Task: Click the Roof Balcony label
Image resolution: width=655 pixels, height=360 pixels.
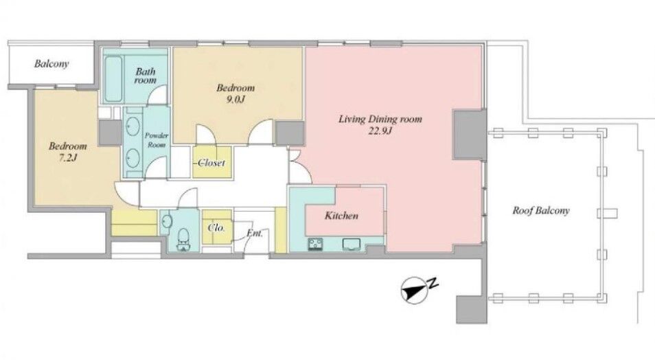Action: pyautogui.click(x=540, y=210)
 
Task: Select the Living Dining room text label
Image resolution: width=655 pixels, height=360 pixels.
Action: pyautogui.click(x=380, y=119)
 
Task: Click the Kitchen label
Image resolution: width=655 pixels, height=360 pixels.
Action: pyautogui.click(x=341, y=216)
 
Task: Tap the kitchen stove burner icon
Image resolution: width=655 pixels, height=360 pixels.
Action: pyautogui.click(x=315, y=244)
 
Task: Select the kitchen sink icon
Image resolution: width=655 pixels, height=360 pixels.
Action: pyautogui.click(x=352, y=244)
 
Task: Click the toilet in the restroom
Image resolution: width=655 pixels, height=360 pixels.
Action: pyautogui.click(x=183, y=240)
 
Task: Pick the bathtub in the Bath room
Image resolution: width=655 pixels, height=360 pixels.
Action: pyautogui.click(x=113, y=79)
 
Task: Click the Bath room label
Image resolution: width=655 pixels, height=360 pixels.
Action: pyautogui.click(x=145, y=76)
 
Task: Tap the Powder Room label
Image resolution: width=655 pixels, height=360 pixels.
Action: pyautogui.click(x=157, y=140)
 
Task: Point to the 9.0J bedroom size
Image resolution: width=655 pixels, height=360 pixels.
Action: pyautogui.click(x=235, y=100)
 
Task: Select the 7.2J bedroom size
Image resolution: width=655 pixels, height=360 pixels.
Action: pyautogui.click(x=68, y=158)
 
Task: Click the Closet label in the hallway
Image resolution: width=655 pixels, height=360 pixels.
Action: pyautogui.click(x=211, y=163)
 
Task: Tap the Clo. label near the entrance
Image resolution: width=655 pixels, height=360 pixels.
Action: pyautogui.click(x=216, y=228)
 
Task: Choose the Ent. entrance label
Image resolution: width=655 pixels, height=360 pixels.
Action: pyautogui.click(x=255, y=233)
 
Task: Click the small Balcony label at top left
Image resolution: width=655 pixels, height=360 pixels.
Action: pyautogui.click(x=51, y=64)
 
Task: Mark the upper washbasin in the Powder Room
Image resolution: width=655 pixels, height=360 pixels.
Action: pyautogui.click(x=133, y=125)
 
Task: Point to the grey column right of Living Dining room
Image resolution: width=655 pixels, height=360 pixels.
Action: pyautogui.click(x=470, y=135)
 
